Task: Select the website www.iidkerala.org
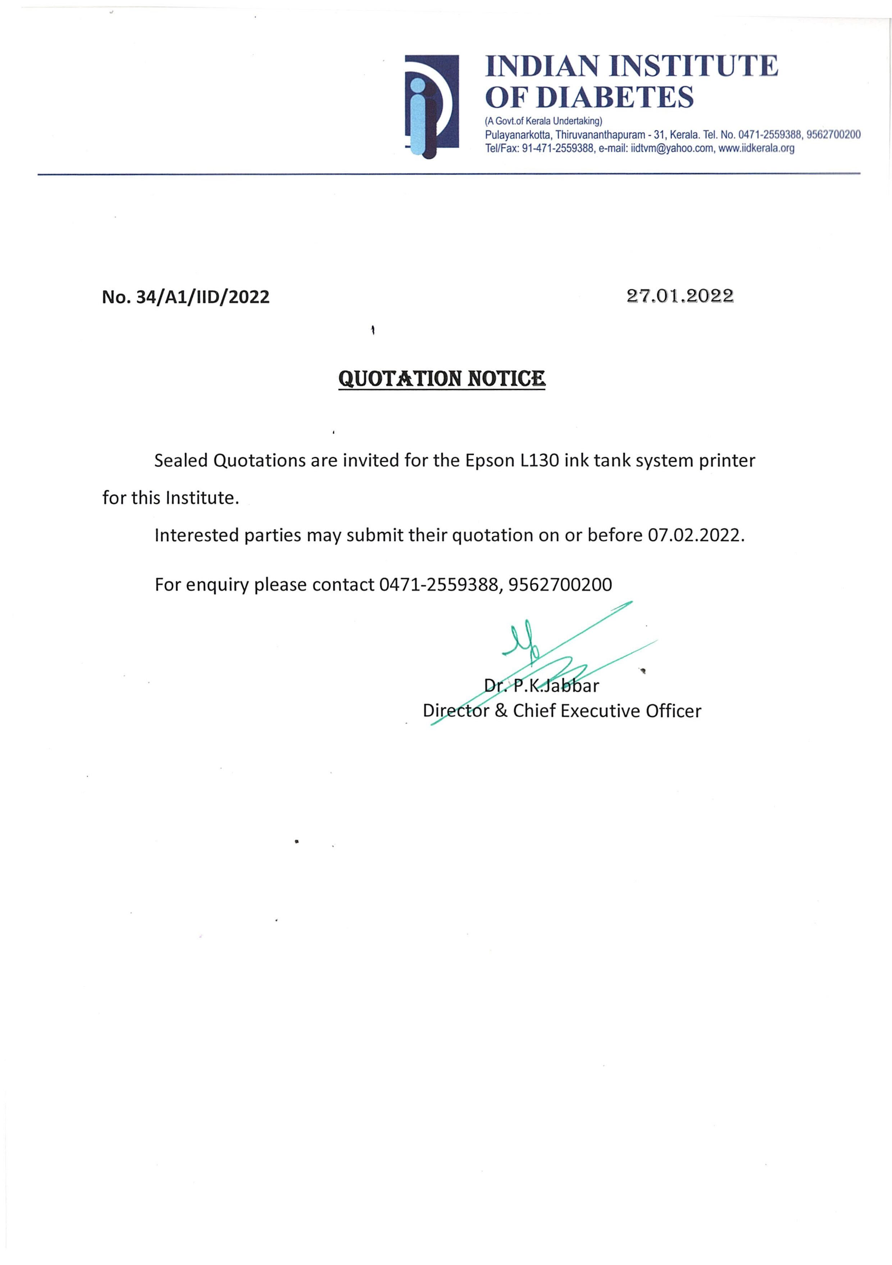pos(756,148)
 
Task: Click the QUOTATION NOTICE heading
pos(442,378)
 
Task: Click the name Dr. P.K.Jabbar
pos(541,685)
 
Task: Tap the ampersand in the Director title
pos(501,711)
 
